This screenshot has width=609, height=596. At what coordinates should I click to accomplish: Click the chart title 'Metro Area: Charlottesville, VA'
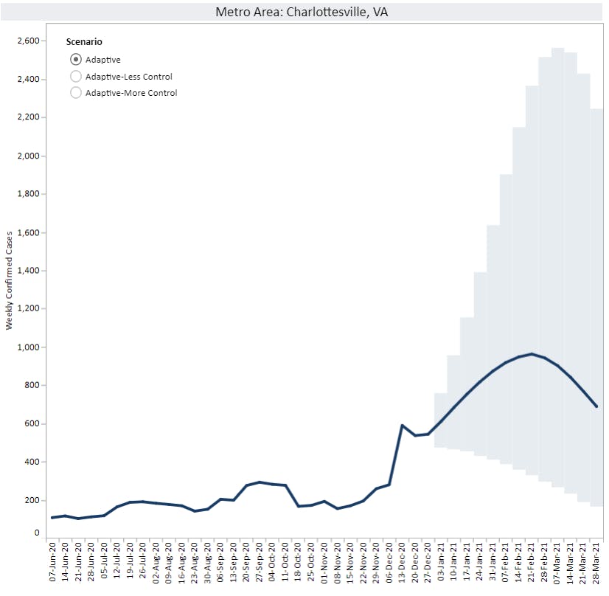(301, 13)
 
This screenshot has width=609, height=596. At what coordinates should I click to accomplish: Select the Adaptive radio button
(75, 60)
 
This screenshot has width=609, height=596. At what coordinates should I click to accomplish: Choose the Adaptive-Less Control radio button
(75, 77)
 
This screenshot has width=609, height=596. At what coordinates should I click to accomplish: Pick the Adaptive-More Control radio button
(75, 93)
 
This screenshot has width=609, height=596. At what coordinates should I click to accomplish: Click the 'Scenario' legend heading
(83, 43)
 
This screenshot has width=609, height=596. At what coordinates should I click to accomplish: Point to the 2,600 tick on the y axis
(29, 41)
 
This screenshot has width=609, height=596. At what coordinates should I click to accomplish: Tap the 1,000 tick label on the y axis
(29, 347)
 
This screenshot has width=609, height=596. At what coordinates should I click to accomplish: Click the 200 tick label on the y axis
(33, 500)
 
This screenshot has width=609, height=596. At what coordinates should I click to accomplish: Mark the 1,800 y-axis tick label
(29, 194)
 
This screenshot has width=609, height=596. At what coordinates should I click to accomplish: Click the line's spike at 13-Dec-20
(402, 426)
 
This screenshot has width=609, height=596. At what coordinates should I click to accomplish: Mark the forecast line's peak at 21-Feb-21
(532, 354)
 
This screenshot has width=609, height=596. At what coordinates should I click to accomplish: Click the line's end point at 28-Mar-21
(596, 406)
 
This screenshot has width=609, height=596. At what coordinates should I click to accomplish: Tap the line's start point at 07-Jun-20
(52, 518)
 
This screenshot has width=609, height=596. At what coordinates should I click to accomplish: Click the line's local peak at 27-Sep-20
(260, 482)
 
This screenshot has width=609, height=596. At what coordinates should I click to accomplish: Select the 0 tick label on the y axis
(37, 533)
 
